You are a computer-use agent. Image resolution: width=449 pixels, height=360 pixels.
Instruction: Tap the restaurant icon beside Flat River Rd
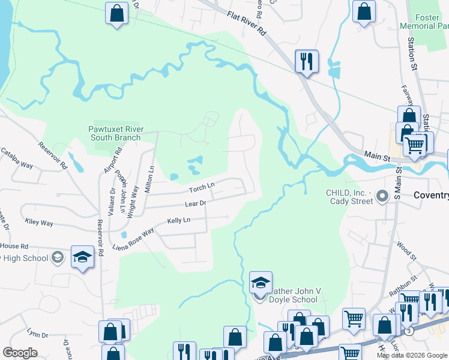pos(306,61)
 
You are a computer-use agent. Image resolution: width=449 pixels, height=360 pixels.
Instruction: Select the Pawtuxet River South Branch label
pos(115,133)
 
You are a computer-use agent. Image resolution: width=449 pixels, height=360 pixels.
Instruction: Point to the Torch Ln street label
pos(202,188)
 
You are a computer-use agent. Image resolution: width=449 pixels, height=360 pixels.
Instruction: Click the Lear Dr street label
pos(196,204)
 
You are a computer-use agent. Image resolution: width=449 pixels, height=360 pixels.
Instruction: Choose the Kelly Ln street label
pos(178,221)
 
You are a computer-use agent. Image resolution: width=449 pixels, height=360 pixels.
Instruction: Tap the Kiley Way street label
pos(39,223)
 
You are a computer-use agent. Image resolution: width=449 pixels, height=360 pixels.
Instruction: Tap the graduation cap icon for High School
pos(82,258)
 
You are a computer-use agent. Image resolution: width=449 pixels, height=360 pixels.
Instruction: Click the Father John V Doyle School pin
pos(261,283)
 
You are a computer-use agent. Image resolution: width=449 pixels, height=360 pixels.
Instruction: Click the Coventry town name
pos(431,196)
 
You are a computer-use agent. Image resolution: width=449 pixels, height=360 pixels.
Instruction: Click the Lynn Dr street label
pos(37,333)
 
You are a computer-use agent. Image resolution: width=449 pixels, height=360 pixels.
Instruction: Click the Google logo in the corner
pos(20,353)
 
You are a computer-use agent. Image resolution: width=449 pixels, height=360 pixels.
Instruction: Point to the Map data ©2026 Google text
pos(412,355)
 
